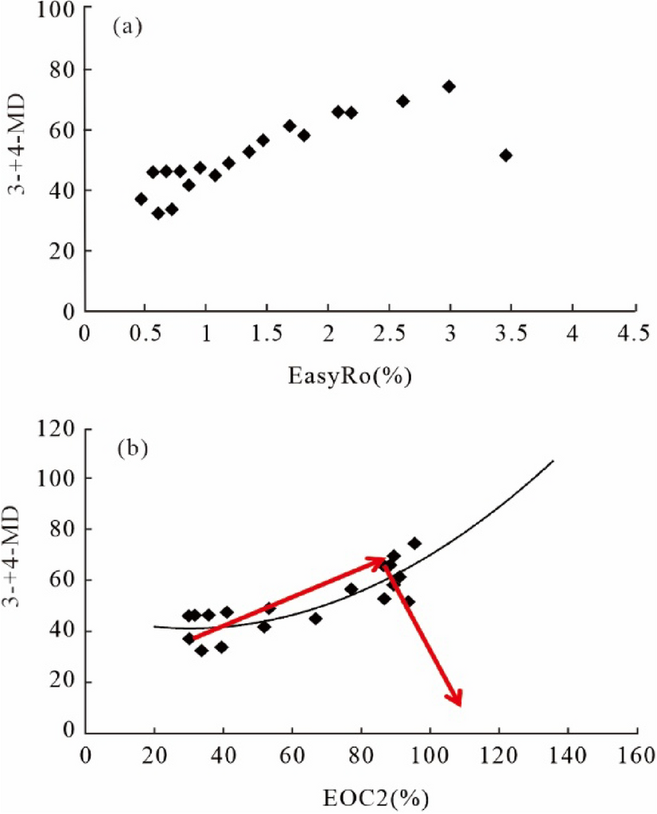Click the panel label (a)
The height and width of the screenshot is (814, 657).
(x=128, y=28)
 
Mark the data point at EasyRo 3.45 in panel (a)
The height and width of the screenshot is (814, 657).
(x=506, y=155)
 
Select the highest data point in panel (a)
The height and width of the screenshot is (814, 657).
(x=449, y=86)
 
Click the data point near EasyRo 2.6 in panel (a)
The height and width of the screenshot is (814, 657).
(x=402, y=101)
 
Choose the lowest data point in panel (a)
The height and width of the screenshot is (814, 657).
(x=158, y=213)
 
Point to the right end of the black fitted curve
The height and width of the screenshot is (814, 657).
(x=553, y=461)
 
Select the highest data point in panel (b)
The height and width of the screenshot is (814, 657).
(x=414, y=543)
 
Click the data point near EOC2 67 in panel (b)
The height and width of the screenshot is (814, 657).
(x=316, y=618)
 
